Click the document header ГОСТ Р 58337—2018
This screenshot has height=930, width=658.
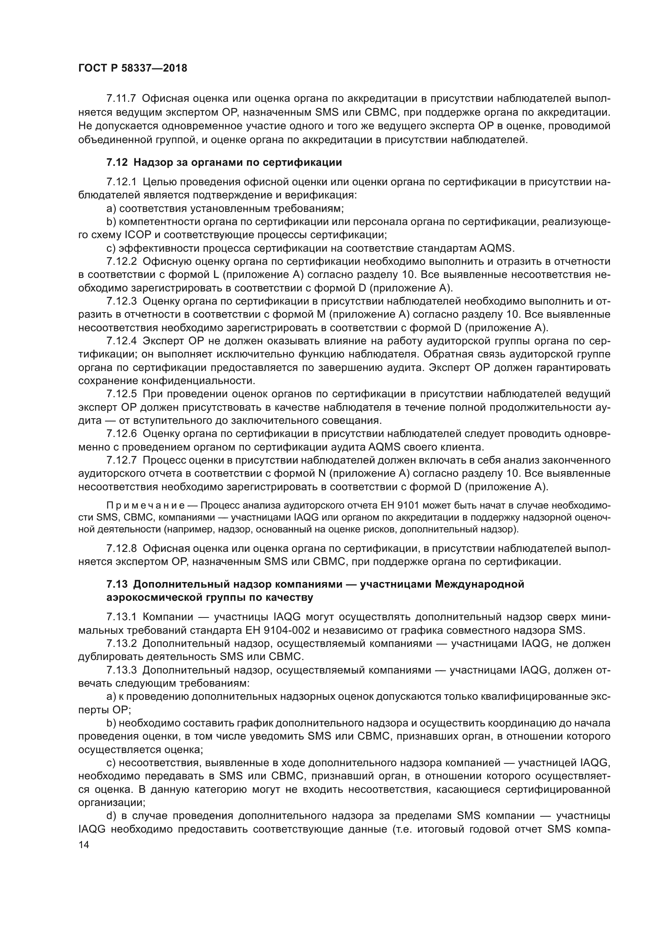click(x=132, y=68)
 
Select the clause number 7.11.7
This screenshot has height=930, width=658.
click(x=121, y=99)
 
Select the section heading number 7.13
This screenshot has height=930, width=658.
click(x=117, y=584)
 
